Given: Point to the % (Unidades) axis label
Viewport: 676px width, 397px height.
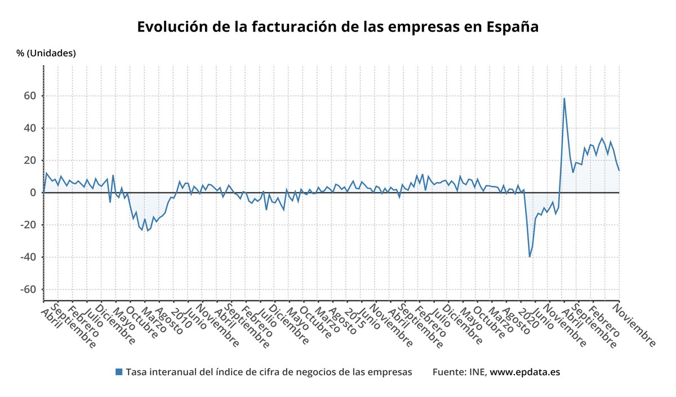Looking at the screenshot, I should tap(46, 53).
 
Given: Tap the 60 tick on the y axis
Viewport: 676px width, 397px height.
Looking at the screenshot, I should tap(29, 96).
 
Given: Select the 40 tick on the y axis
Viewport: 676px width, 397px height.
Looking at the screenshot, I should tap(29, 128).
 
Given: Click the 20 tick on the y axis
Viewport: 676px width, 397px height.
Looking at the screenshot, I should tap(29, 160).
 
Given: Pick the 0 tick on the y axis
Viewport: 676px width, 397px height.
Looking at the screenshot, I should tap(33, 193).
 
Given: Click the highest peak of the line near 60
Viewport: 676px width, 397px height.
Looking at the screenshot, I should tap(564, 99).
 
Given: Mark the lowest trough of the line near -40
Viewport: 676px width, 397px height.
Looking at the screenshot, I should tap(530, 257).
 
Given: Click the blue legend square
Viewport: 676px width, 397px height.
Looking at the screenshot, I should tap(118, 372).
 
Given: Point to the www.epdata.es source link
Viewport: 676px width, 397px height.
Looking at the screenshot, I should tap(524, 372).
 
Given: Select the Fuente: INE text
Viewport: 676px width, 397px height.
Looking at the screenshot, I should tap(459, 372).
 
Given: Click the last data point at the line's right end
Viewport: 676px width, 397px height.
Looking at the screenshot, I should tap(619, 170).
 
